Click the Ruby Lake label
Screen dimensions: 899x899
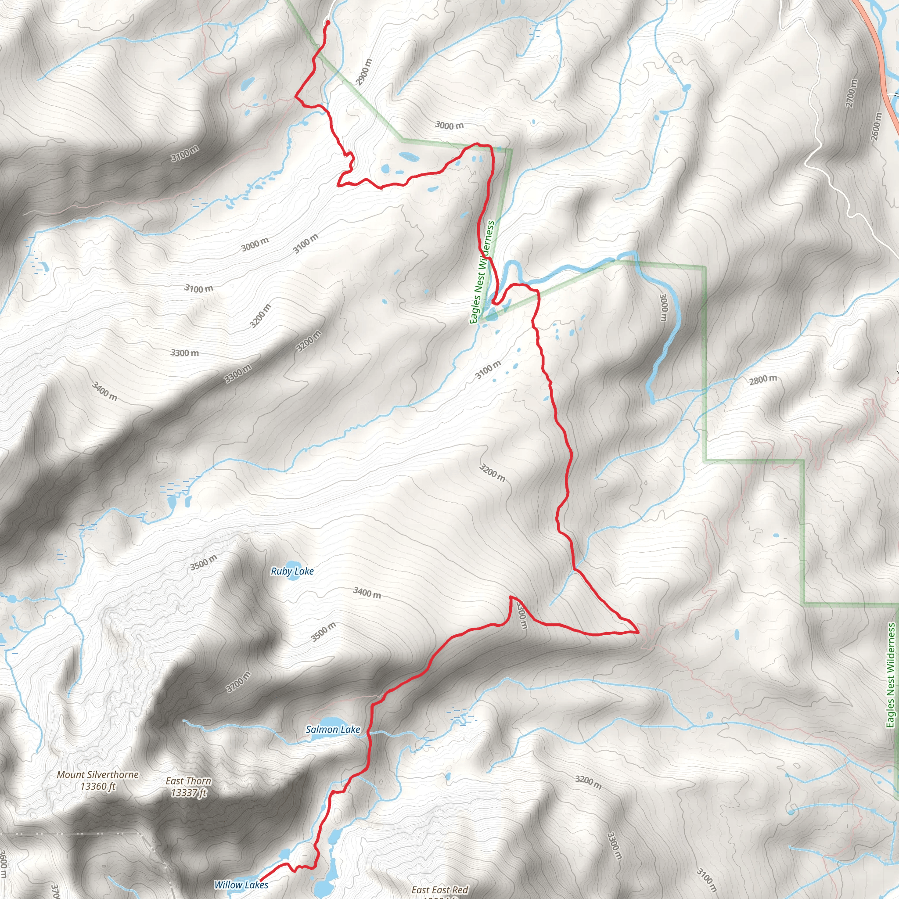[x=292, y=571]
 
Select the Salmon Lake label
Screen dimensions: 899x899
[x=333, y=729]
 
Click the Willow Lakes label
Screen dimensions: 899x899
[x=241, y=885]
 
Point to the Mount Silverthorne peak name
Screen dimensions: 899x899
[x=98, y=774]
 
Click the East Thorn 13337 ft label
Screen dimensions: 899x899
[x=188, y=786]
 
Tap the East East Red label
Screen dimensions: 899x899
[x=440, y=890]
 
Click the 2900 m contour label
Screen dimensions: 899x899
[x=364, y=72]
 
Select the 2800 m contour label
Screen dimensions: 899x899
[x=763, y=380]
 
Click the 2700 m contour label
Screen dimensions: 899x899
[x=851, y=93]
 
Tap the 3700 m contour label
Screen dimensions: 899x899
[x=238, y=682]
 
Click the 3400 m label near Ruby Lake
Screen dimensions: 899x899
[x=367, y=592]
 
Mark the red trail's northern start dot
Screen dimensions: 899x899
[x=327, y=22]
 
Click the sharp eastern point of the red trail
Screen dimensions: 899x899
[x=636, y=632]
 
